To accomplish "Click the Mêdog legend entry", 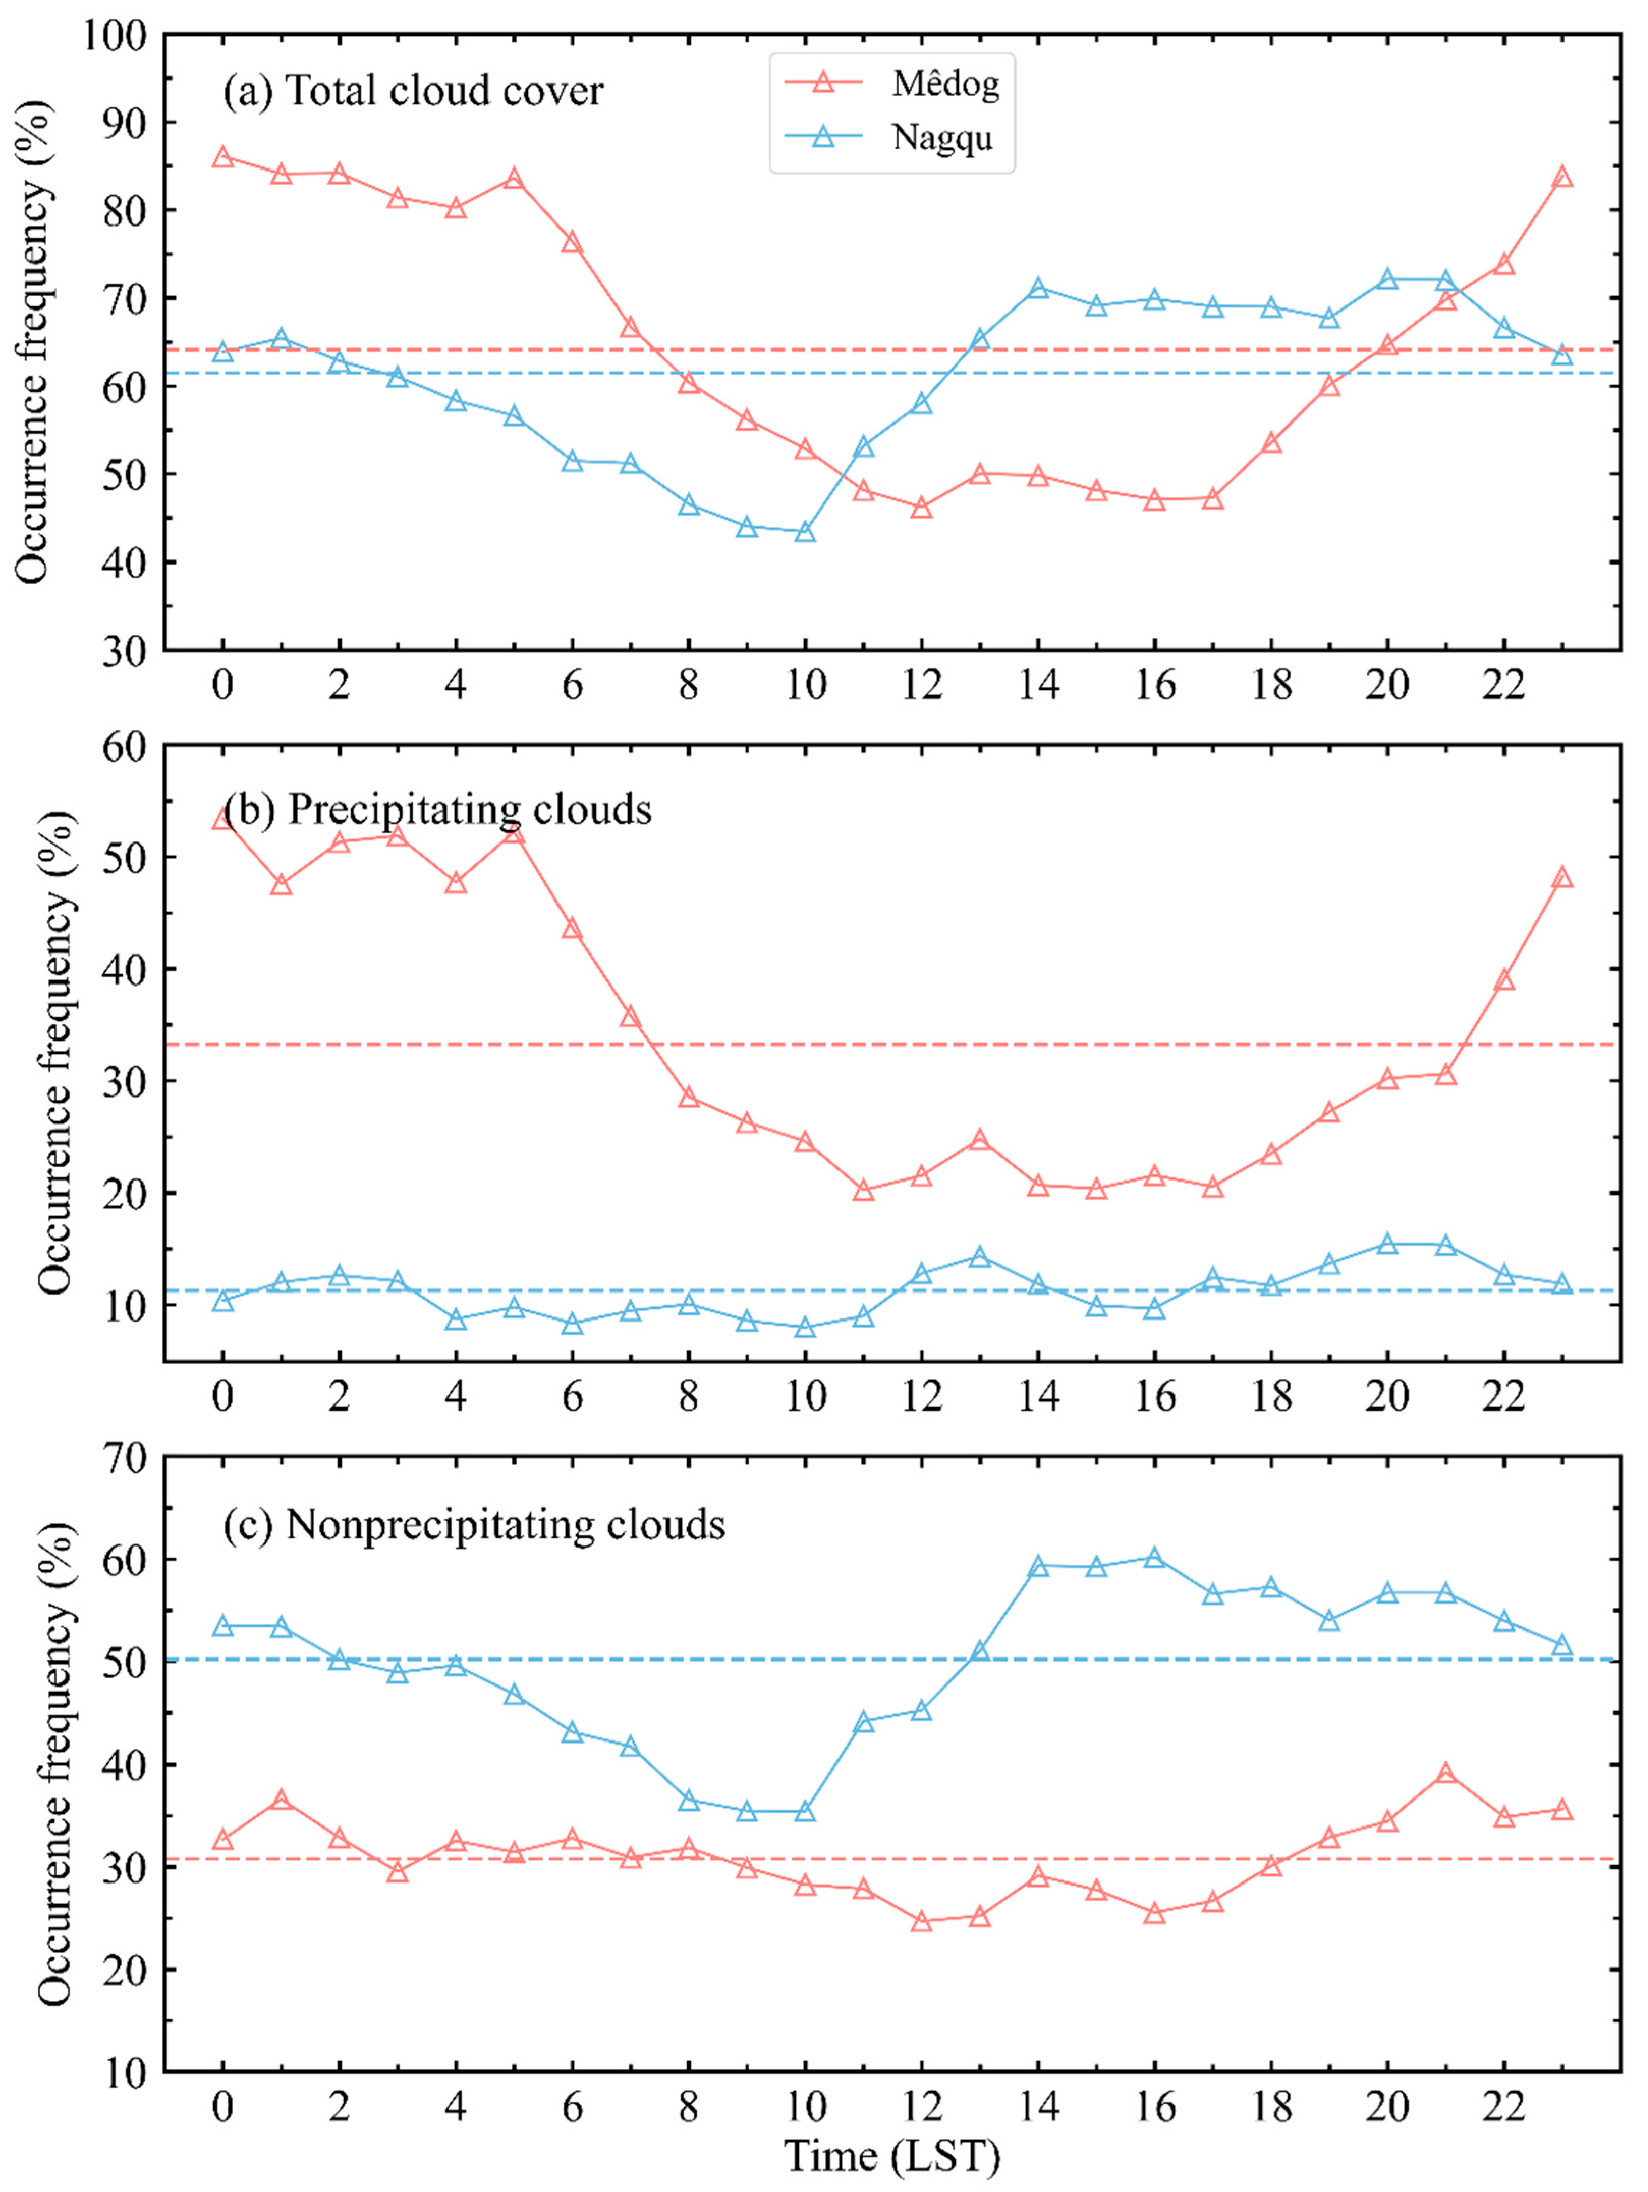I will pyautogui.click(x=944, y=84).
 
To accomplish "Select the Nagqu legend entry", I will pyautogui.click(x=941, y=138).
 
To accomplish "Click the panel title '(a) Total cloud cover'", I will pyautogui.click(x=413, y=91).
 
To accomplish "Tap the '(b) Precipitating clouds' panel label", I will pyautogui.click(x=437, y=809).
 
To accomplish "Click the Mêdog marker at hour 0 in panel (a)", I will pyautogui.click(x=223, y=158).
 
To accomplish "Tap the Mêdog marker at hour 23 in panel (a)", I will pyautogui.click(x=1562, y=177).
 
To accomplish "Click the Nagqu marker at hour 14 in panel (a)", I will pyautogui.click(x=1038, y=288).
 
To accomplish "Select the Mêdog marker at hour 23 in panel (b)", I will pyautogui.click(x=1562, y=878).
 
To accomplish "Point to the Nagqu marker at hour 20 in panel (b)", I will pyautogui.click(x=1387, y=1244).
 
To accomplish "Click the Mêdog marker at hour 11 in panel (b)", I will pyautogui.click(x=863, y=1190).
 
